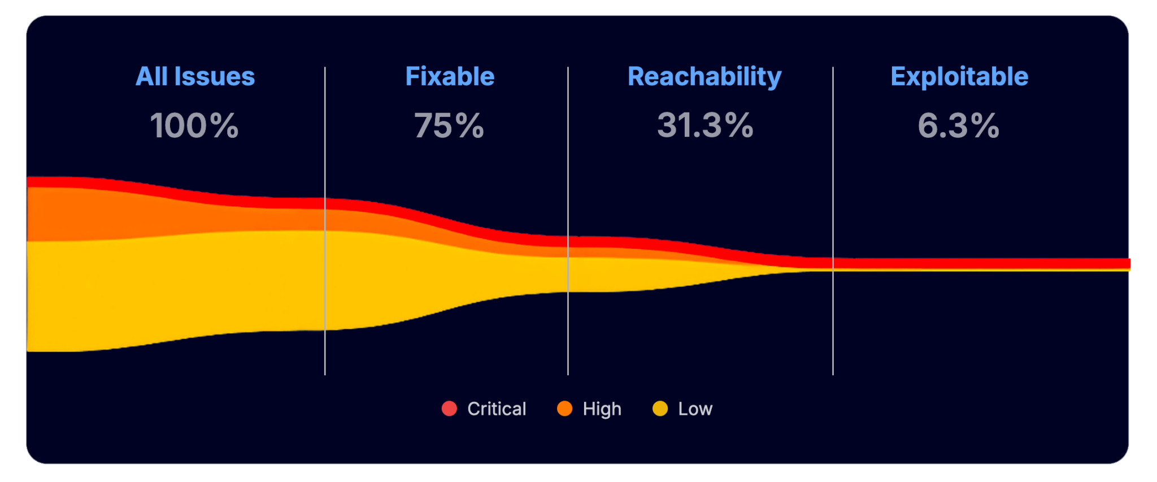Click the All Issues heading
pos(195,77)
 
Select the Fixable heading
pos(450,77)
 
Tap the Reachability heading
pos(704,77)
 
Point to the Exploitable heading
pos(959,77)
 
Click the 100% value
pos(194,125)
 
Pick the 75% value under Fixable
pos(449,125)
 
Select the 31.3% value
pos(705,125)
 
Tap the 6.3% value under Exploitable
pos(959,125)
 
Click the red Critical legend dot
pos(449,409)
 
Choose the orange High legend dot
pos(564,409)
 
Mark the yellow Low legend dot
pos(660,409)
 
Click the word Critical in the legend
pos(497,409)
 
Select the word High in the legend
pos(602,409)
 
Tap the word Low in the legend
pos(695,409)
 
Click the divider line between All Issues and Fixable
pos(325,141)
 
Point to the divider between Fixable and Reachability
pos(568,141)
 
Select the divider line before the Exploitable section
pos(833,141)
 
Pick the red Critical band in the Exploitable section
pos(983,263)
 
